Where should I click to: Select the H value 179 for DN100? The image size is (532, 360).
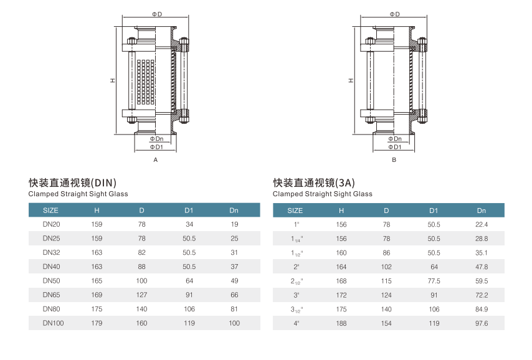pyautogui.click(x=97, y=323)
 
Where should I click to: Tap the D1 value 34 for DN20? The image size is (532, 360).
pyautogui.click(x=189, y=224)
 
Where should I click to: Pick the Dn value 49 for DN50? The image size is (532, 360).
pyautogui.click(x=234, y=281)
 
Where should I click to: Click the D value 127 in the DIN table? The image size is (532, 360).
pyautogui.click(x=142, y=295)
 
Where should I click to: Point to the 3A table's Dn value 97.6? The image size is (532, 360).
pyautogui.click(x=482, y=323)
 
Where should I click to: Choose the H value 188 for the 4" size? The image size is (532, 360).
pyautogui.click(x=341, y=323)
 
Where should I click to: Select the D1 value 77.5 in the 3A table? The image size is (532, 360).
pyautogui.click(x=434, y=281)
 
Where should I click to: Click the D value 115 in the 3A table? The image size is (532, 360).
pyautogui.click(x=386, y=281)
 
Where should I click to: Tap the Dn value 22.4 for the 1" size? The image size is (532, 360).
pyautogui.click(x=482, y=224)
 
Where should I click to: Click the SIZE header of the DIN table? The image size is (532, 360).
pyautogui.click(x=50, y=211)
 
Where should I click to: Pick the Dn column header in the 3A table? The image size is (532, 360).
pyautogui.click(x=482, y=211)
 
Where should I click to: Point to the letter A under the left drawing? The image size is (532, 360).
pyautogui.click(x=156, y=160)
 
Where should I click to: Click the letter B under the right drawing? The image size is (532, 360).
pyautogui.click(x=394, y=160)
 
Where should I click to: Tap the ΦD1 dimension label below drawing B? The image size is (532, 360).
pyautogui.click(x=394, y=147)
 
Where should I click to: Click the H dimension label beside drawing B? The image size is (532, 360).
pyautogui.click(x=351, y=80)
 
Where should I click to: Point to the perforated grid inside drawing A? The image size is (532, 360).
pyautogui.click(x=145, y=81)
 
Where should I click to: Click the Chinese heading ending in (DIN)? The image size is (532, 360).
pyautogui.click(x=72, y=182)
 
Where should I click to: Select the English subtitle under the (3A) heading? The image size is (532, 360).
pyautogui.click(x=323, y=194)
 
